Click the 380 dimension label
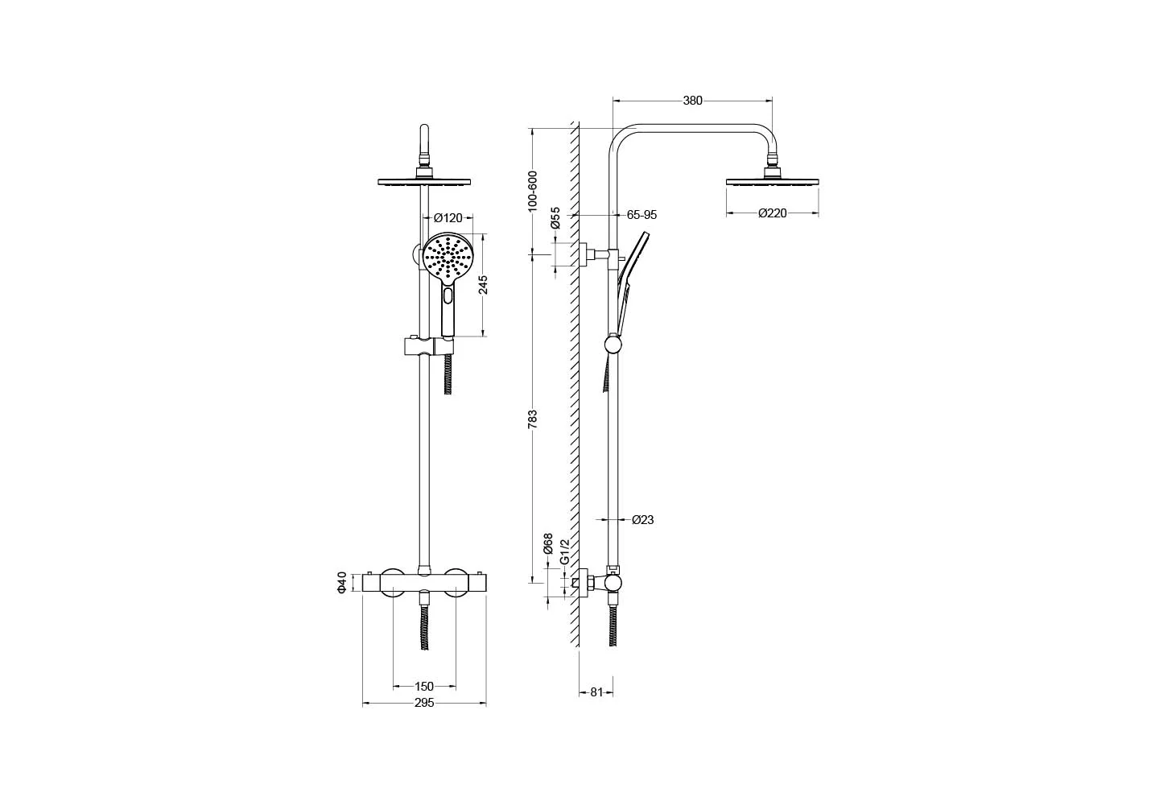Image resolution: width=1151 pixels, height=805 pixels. point(692,101)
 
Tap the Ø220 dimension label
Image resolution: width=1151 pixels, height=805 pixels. point(773,213)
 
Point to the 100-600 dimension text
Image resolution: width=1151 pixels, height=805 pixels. point(532,191)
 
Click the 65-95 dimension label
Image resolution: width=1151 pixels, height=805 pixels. point(642,215)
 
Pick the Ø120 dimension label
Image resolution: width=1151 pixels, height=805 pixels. point(448,218)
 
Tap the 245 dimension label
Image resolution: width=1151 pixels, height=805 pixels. point(483,285)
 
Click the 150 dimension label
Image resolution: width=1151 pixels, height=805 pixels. point(424,686)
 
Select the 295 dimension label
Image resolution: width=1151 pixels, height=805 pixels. point(424,703)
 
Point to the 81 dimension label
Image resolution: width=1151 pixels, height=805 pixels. point(596,692)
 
